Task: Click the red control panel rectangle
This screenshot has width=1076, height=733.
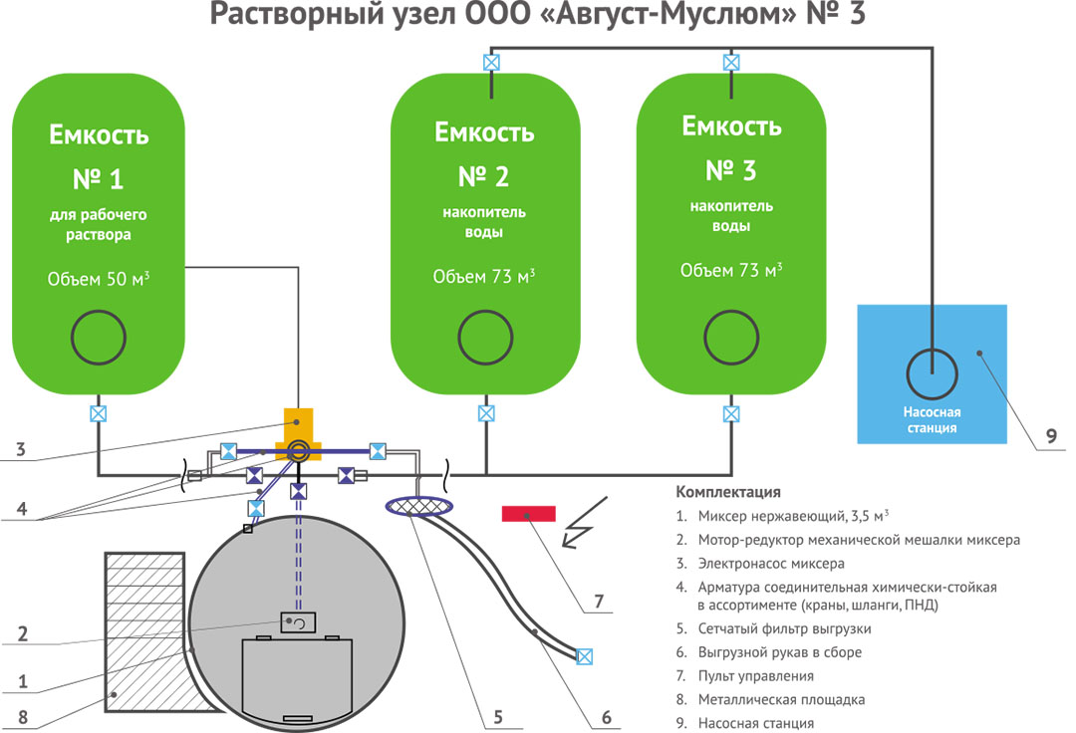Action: (x=528, y=513)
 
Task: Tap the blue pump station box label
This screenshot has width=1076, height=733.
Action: (x=932, y=420)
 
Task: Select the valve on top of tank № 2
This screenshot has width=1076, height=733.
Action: (x=489, y=62)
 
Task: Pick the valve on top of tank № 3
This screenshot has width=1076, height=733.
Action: (x=731, y=62)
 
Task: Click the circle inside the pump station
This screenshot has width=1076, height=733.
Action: (x=932, y=373)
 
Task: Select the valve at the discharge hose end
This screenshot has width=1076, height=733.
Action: (x=585, y=656)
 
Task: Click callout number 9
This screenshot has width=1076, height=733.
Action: (x=1051, y=435)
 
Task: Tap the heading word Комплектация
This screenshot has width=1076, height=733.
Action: (x=727, y=492)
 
